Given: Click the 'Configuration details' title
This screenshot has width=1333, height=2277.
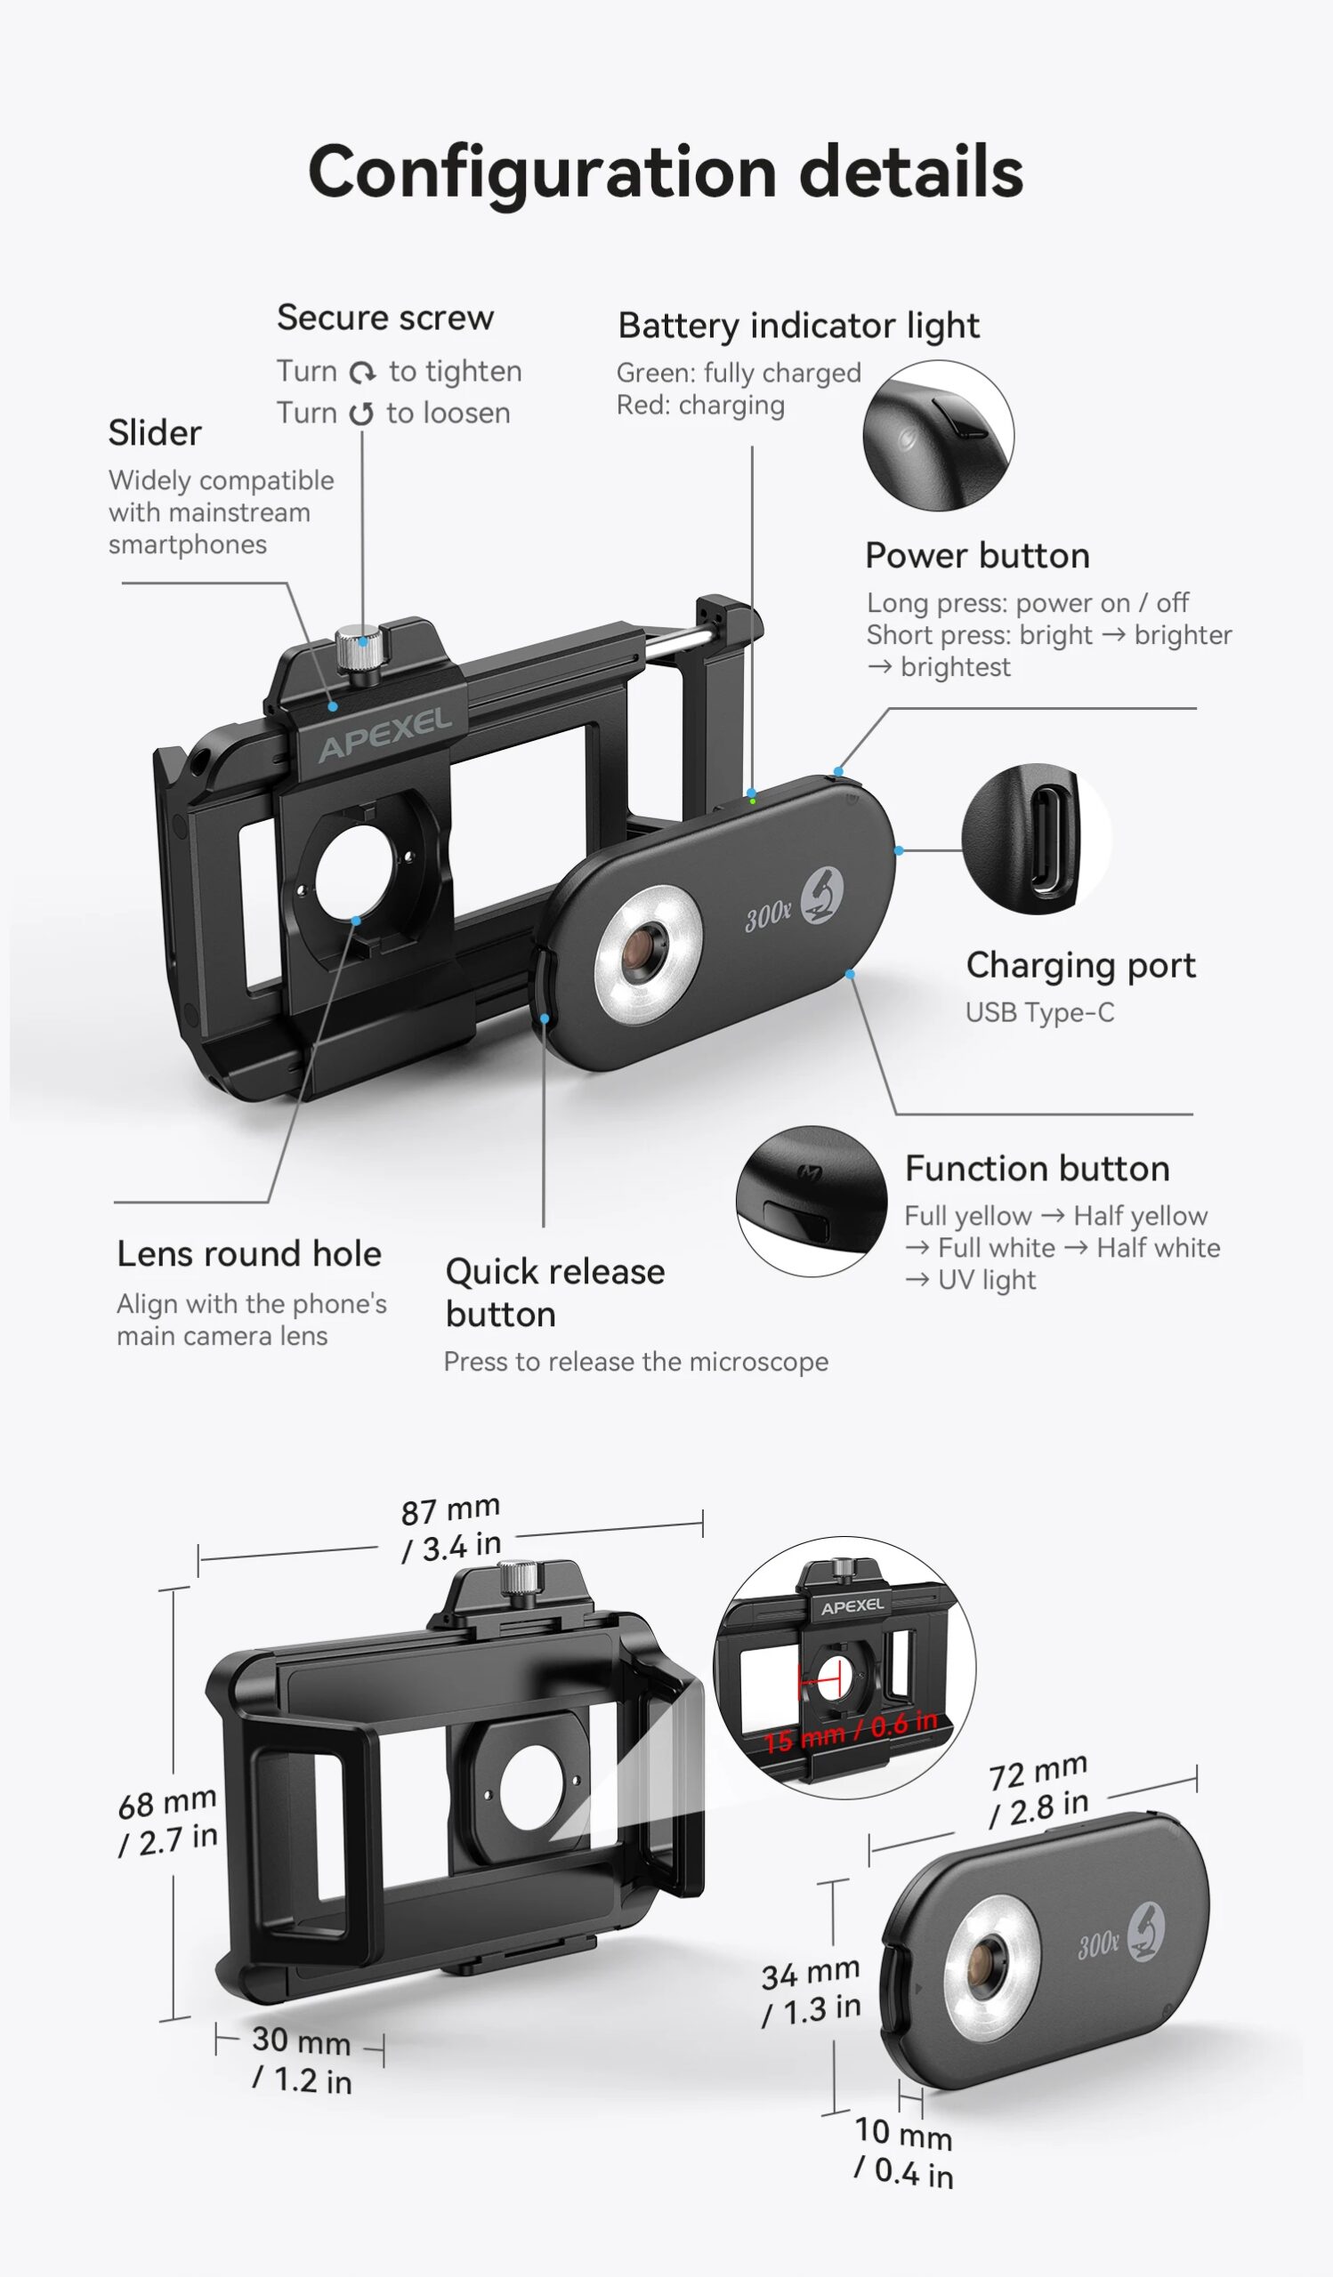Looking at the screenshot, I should (665, 172).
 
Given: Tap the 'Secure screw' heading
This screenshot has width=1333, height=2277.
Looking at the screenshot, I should (385, 318).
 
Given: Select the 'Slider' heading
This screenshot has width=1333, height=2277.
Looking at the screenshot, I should (155, 433).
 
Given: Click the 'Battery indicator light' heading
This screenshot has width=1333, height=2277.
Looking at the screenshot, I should (798, 326).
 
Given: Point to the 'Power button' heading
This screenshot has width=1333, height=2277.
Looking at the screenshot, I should (977, 556).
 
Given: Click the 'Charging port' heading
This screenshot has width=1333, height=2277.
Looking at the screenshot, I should (1080, 965).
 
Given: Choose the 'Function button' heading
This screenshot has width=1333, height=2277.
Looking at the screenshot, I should (1037, 1169).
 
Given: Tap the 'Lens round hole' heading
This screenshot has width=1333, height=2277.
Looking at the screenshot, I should (248, 1254).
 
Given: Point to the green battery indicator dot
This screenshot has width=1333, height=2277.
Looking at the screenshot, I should (753, 801).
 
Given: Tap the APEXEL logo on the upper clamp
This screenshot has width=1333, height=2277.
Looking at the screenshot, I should (385, 734).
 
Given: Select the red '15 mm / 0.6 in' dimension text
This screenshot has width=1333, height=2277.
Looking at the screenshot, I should (850, 1731).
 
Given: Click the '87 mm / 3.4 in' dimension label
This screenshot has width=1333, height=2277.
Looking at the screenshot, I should (450, 1529).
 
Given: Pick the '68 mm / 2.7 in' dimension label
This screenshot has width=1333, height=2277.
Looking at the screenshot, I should (168, 1822).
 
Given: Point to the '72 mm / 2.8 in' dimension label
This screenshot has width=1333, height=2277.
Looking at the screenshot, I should (1038, 1790).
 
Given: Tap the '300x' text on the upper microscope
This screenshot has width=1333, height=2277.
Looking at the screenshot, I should (767, 916).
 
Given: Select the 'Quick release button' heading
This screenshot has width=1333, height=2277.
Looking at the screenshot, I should (555, 1292).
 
